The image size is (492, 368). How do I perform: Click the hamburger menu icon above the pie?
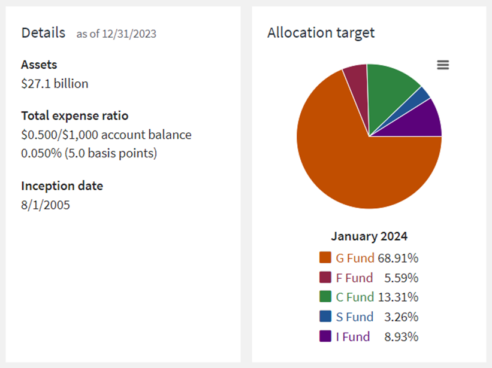coord(443,65)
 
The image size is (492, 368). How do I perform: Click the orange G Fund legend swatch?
coord(325,258)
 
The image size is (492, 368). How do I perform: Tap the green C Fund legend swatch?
coord(325,297)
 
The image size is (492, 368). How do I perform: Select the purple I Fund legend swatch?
coord(325,336)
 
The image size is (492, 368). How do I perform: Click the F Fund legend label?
coord(354,278)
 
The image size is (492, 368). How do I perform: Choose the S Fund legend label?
coord(354,317)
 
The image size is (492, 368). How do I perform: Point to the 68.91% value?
coord(398,258)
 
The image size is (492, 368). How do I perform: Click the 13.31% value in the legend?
coord(398,297)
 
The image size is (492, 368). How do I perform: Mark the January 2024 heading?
coord(369,236)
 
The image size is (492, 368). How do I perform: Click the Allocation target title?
coord(321,32)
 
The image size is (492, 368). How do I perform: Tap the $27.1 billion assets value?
coord(55,84)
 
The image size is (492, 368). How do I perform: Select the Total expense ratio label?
coord(75,115)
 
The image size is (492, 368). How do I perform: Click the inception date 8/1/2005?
coord(46,205)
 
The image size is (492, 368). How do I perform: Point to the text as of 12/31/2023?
coord(116,34)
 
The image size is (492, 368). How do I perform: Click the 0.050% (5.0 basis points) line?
coord(89,153)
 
